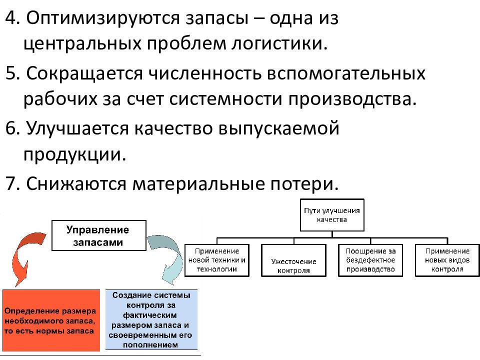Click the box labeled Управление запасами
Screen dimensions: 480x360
[99, 235]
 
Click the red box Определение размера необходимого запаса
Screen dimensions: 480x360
[51, 320]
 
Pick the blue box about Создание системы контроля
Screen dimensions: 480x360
[151, 319]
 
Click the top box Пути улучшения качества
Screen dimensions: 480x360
[332, 215]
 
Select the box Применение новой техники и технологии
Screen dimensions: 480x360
[216, 260]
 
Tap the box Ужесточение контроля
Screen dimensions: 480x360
[293, 260]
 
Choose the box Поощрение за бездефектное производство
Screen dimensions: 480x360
[370, 260]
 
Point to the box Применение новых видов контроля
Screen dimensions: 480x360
[447, 260]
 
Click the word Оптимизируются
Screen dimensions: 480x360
[103, 19]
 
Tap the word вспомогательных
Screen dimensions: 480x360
[346, 74]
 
